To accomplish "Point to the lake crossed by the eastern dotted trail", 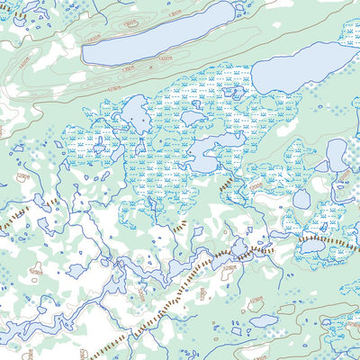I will pos(314,245).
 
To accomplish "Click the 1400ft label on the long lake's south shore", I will pos(163,57).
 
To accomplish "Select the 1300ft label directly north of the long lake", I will pos(130,22).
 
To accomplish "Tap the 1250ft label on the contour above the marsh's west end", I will pos(112,91).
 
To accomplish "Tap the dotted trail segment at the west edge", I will pos(15,216).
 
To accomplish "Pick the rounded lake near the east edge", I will pos(336,155).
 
